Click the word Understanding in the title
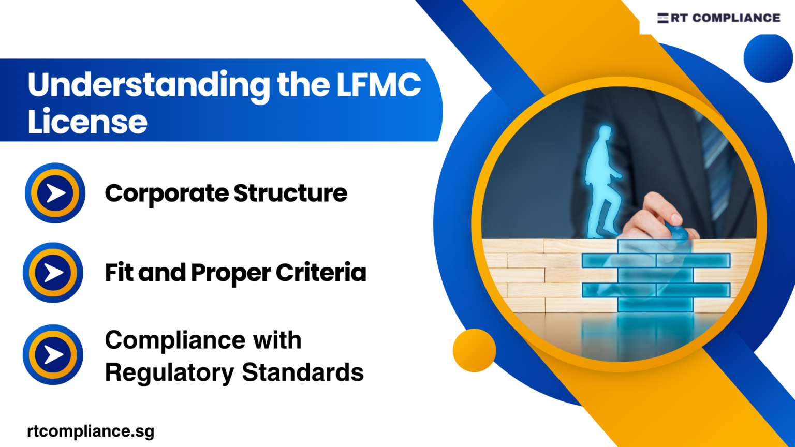[x=149, y=85]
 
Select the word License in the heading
[x=87, y=122]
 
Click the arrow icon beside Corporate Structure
[x=55, y=193]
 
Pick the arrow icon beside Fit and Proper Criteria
[x=53, y=273]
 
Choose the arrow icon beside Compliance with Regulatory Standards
[x=53, y=355]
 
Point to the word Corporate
[x=166, y=194]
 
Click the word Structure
[x=290, y=193]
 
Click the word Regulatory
[x=169, y=373]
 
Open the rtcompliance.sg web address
[x=91, y=431]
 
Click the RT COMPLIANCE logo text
[x=725, y=18]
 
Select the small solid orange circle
[x=474, y=350]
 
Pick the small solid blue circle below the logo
[x=768, y=58]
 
